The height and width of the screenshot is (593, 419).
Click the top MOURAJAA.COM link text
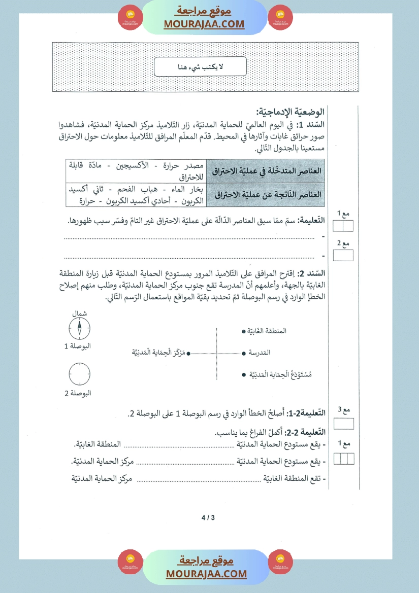[204, 24]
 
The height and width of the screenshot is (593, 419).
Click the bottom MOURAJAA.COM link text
[206, 574]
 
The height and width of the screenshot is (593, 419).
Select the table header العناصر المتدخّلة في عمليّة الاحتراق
[266, 170]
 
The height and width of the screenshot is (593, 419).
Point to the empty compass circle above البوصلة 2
[80, 374]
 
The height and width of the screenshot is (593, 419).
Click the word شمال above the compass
[80, 313]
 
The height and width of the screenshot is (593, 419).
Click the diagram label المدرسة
[259, 352]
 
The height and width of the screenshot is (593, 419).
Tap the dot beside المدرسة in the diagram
[245, 352]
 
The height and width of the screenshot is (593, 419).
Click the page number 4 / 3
[208, 518]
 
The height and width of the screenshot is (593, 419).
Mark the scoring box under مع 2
[343, 256]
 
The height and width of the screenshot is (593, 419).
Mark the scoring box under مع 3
[343, 423]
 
